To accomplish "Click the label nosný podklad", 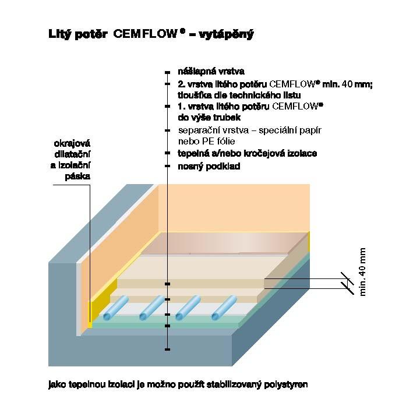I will (x=209, y=167).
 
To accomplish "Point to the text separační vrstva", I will (x=212, y=130).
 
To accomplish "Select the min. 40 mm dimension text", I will (x=363, y=271).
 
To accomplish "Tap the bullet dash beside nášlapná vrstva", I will (x=167, y=72).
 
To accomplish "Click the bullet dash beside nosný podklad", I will (x=167, y=167).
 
